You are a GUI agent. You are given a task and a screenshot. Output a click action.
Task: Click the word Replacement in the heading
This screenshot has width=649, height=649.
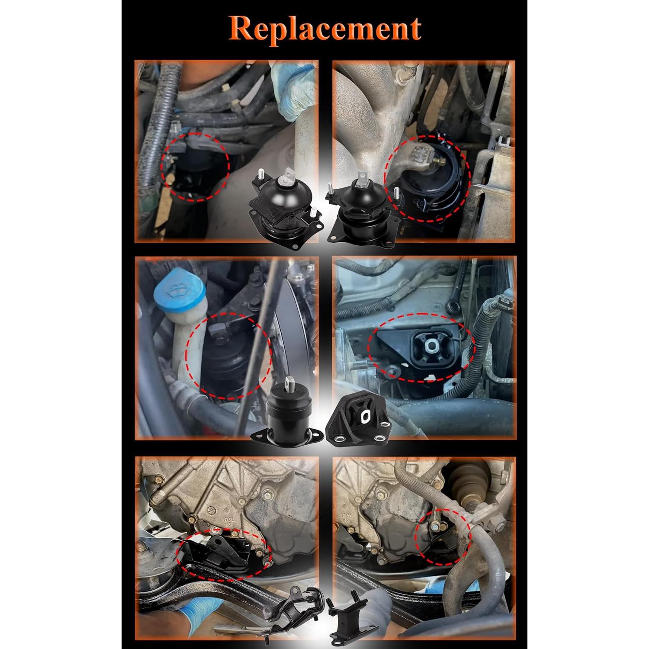[x=324, y=29]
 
